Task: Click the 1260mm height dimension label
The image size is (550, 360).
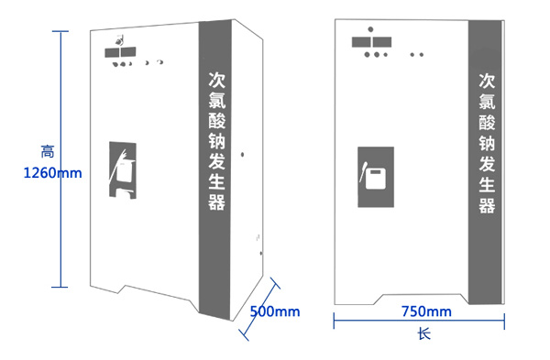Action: tap(51, 171)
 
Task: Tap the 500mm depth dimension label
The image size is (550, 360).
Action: tap(274, 311)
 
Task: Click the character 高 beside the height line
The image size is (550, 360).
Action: tap(48, 150)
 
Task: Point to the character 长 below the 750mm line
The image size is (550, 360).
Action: tap(423, 334)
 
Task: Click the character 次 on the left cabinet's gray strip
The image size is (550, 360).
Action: tap(216, 80)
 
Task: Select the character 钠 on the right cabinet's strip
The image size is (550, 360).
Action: tap(487, 143)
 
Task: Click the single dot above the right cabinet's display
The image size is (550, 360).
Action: tap(369, 29)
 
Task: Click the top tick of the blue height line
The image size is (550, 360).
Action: tap(60, 31)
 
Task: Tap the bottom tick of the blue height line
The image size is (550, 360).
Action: tap(60, 287)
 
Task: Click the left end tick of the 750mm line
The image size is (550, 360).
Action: tap(334, 320)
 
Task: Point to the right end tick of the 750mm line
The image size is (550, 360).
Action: tap(506, 320)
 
